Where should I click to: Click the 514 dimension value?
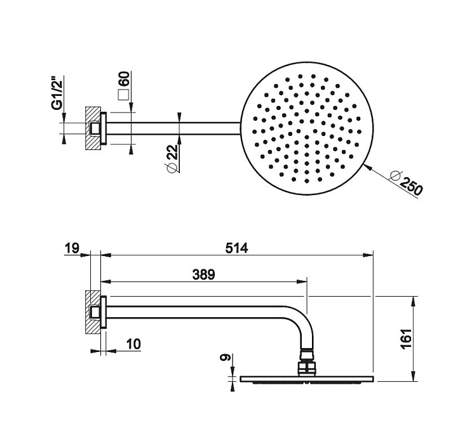click(x=236, y=248)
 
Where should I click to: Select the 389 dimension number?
click(x=204, y=274)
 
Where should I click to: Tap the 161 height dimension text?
click(x=407, y=339)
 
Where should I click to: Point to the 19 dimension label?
click(x=72, y=248)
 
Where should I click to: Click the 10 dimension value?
click(x=133, y=344)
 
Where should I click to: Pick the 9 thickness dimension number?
click(x=225, y=357)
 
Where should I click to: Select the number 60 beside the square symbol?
click(x=125, y=79)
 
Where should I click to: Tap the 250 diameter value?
click(x=411, y=186)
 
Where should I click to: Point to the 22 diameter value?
click(x=172, y=152)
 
